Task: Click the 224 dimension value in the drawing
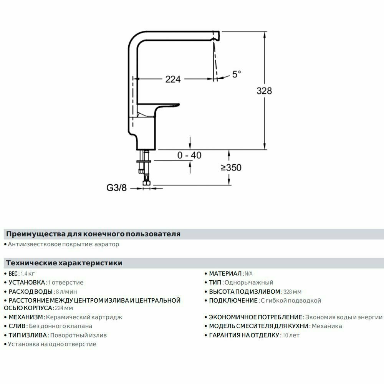173,79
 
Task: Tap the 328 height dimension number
264,91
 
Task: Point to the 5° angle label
237,74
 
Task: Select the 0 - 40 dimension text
189,155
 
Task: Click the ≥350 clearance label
231,167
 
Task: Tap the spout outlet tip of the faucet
216,35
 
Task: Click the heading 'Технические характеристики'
64,263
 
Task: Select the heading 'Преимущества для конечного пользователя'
93,234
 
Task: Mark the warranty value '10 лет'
291,335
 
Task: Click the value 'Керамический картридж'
84,317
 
